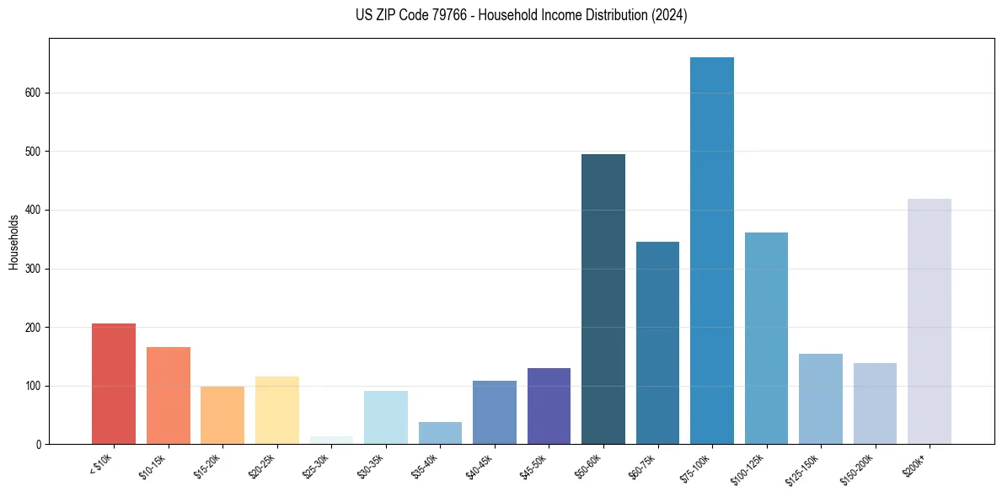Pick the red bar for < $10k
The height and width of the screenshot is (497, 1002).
tap(114, 384)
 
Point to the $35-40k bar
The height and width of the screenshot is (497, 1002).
tap(440, 433)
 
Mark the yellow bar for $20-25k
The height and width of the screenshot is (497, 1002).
tap(277, 410)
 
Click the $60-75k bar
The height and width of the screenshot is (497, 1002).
tap(657, 343)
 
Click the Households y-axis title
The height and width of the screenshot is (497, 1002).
tap(13, 242)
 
